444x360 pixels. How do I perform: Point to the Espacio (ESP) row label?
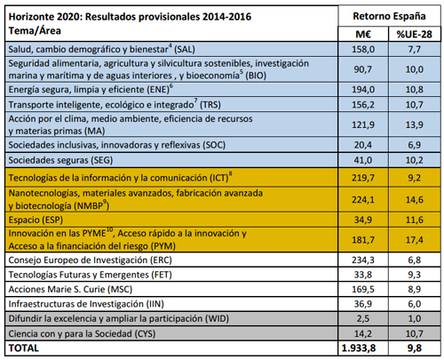(x=36, y=220)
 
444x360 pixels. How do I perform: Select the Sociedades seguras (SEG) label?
(x=63, y=159)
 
